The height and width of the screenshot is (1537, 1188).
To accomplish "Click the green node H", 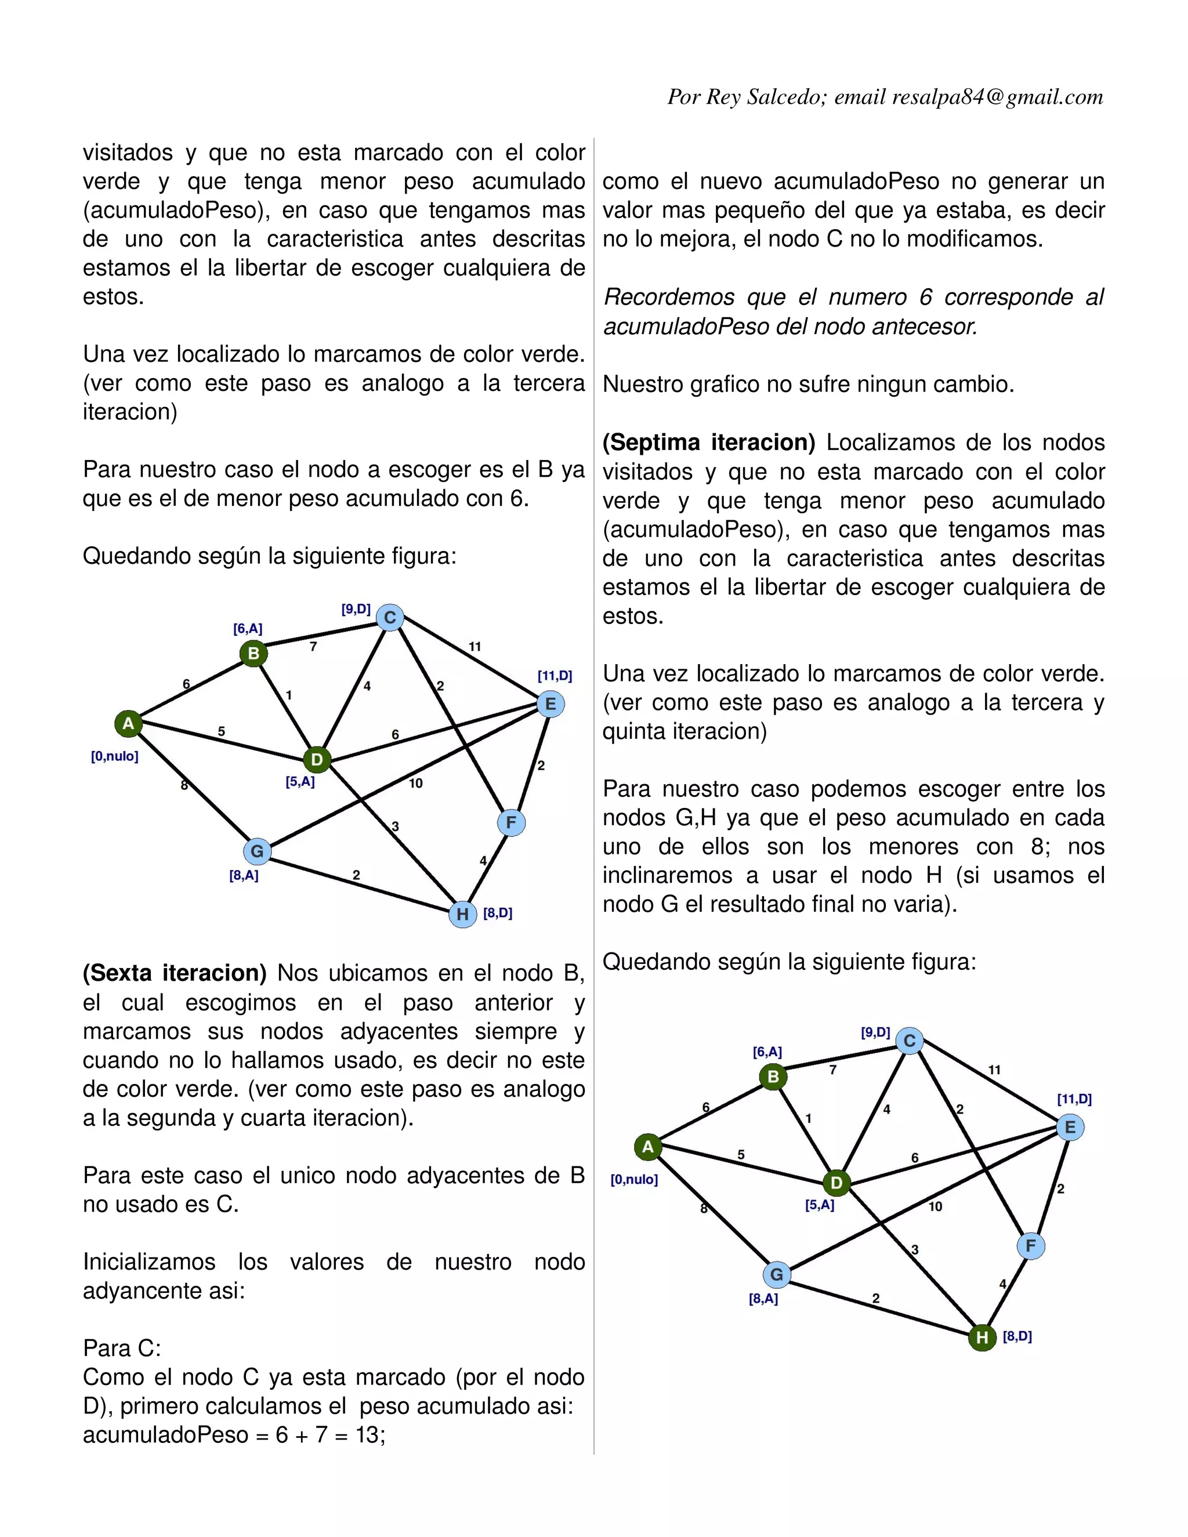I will [982, 1337].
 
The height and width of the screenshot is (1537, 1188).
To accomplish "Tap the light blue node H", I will [462, 914].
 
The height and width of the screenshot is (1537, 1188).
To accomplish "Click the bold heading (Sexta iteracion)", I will [175, 973].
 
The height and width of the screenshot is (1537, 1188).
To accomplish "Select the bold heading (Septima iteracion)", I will [709, 443].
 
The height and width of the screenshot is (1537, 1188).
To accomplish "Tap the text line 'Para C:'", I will [122, 1348].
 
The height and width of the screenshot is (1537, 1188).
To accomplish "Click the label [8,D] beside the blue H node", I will [498, 913].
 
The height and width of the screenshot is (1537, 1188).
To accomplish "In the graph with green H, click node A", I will [647, 1147].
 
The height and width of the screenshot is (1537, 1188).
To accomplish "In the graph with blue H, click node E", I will [550, 704].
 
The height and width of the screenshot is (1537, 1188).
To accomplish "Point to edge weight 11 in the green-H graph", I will [994, 1070].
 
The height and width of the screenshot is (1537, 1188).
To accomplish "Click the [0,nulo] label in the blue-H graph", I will [115, 756].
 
